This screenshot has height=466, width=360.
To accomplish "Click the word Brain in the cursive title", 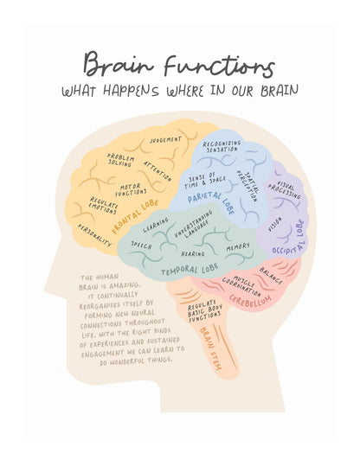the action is [x=119, y=64].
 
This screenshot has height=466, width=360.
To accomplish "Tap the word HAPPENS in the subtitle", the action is [x=132, y=90].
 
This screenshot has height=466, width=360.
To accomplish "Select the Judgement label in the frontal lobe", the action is [x=165, y=140].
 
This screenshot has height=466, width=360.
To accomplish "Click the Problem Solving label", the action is [x=120, y=160].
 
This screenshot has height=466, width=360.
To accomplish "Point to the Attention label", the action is [x=157, y=171].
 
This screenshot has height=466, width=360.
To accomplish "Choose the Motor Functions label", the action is [x=131, y=189].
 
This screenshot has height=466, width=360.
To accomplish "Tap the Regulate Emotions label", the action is [x=104, y=205].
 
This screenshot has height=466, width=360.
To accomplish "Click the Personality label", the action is [x=94, y=235].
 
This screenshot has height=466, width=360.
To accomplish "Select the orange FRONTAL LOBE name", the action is [x=135, y=216].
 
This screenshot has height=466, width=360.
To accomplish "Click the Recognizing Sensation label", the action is [x=222, y=146].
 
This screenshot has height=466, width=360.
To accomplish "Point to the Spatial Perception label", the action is [x=247, y=185].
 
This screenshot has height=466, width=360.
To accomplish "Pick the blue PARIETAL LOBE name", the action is [x=211, y=201].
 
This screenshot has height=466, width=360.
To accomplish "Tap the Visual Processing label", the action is [x=284, y=190].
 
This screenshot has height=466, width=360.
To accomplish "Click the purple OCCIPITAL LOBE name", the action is [x=289, y=239].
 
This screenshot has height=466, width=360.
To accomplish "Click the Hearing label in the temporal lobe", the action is [x=193, y=254].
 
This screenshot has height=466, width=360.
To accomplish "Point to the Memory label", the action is [x=238, y=246].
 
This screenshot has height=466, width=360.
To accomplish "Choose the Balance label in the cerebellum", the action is [x=271, y=275].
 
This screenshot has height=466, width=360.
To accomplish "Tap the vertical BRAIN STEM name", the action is [x=211, y=348].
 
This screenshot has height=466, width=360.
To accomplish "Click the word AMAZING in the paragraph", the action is [x=125, y=286].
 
